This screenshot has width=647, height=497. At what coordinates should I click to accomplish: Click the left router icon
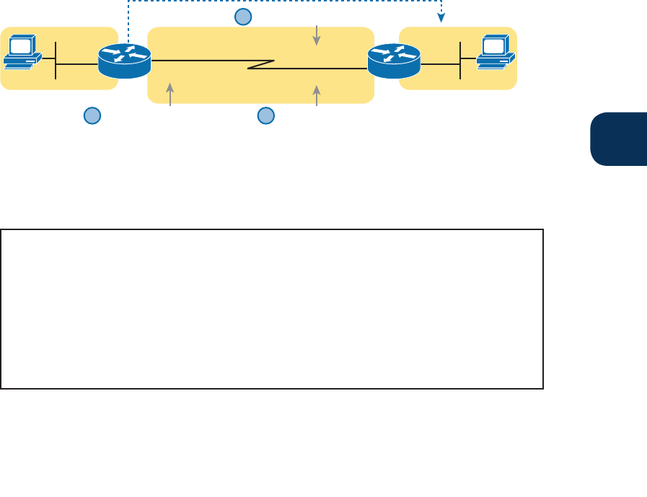(x=124, y=61)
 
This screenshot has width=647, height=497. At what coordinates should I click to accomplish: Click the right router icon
(x=393, y=61)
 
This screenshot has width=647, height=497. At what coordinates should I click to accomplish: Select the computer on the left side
(x=22, y=53)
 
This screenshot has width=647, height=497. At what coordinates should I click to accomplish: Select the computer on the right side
(x=494, y=53)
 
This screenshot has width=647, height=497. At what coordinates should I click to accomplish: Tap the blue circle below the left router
(x=92, y=115)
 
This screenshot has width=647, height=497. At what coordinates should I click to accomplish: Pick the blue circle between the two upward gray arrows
(x=266, y=115)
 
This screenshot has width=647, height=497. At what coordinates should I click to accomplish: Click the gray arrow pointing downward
(x=316, y=35)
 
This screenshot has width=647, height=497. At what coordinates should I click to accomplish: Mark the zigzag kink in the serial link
(x=260, y=65)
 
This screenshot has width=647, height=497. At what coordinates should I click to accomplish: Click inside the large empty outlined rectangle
(x=271, y=309)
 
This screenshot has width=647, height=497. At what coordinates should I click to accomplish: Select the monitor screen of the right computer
(x=494, y=46)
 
